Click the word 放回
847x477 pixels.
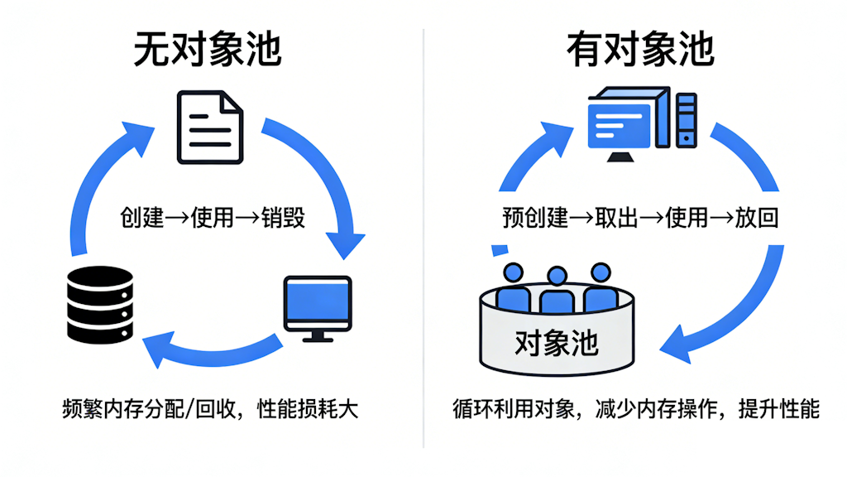pyautogui.click(x=756, y=218)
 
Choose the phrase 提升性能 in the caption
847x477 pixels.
pyautogui.click(x=778, y=409)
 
